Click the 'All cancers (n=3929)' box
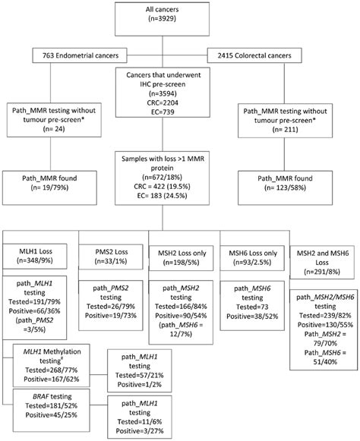coord(180,15)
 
